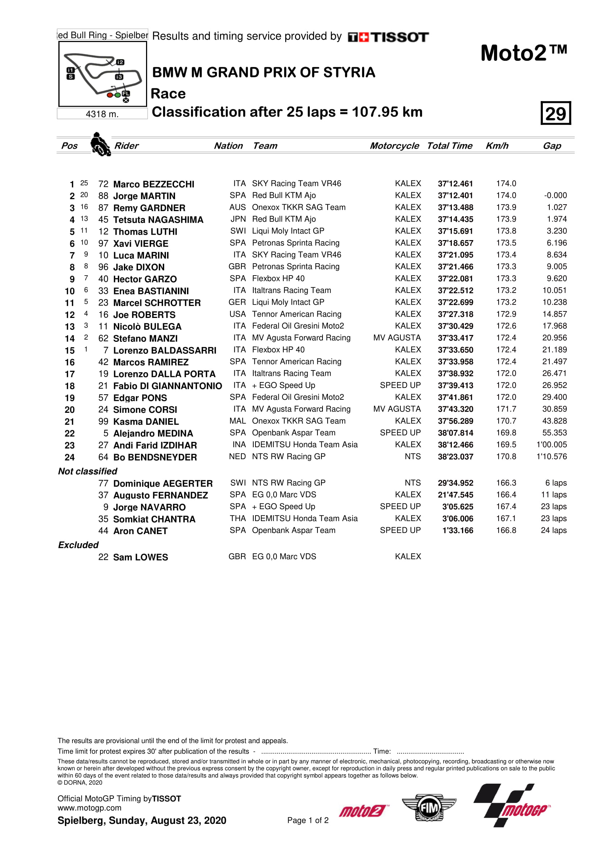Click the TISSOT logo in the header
388,37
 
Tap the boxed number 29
556,113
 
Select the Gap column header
552,146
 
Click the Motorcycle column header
394,146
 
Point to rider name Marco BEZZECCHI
154,184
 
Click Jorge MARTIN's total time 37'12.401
455,196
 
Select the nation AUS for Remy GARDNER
237,207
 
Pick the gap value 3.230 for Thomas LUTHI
557,231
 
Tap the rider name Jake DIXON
139,267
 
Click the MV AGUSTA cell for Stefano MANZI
397,338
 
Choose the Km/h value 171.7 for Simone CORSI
506,409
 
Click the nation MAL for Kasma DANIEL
237,421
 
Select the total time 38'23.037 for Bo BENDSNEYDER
455,457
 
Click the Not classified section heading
87,471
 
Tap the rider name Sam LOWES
140,557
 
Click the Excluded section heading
78,545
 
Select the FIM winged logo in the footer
429,808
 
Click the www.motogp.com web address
89,808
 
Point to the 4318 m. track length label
102,114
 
